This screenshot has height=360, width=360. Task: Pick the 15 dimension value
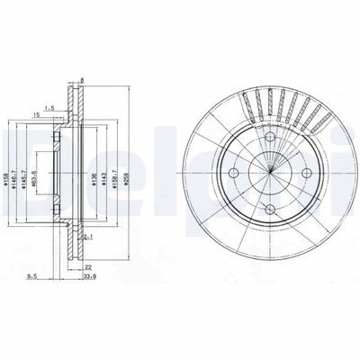point(35,115)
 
